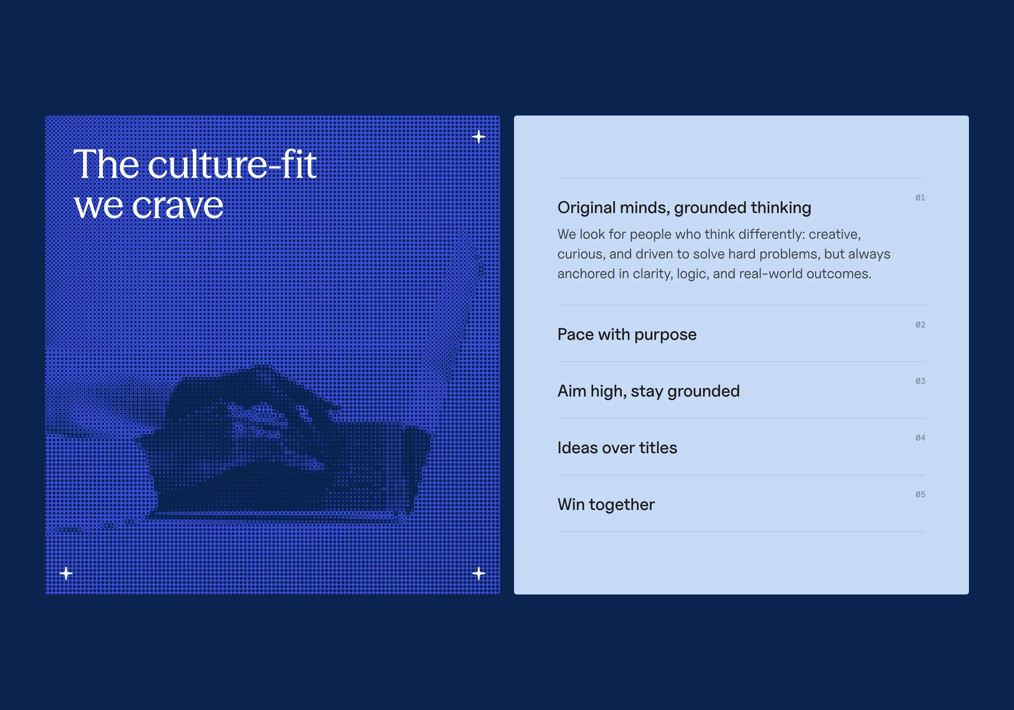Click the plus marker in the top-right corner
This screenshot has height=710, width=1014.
coord(478,137)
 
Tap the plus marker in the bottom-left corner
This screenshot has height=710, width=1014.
coord(66,573)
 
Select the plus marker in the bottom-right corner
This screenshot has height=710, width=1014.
coord(478,573)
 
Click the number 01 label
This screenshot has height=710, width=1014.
coord(920,198)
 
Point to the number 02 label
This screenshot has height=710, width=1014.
coord(920,325)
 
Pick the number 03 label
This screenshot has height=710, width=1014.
coord(920,381)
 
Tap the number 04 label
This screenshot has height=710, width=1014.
coord(920,437)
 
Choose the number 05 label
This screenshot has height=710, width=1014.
coord(920,494)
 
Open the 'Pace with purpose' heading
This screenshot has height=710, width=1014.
coord(627,335)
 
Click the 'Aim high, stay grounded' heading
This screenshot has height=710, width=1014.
coord(648,391)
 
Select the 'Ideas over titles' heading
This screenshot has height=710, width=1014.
coord(617,448)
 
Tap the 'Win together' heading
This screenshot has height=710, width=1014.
coord(606,504)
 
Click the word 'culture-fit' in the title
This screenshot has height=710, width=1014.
coord(232,165)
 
